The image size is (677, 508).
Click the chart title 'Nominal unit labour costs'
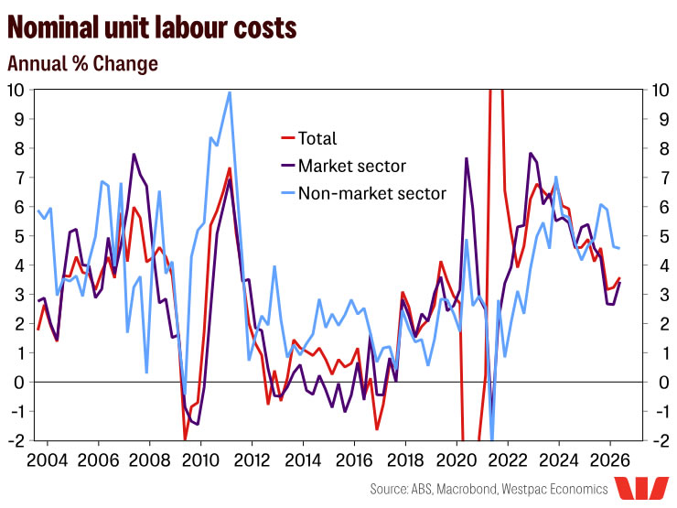[x=152, y=27]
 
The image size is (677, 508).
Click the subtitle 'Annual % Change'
[x=83, y=63]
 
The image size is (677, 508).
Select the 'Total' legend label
[x=317, y=138]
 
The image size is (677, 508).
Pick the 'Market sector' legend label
[x=352, y=166]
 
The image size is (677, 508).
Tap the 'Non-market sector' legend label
[x=372, y=193]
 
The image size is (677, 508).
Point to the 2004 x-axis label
[x=48, y=460]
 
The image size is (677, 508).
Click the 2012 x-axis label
[x=253, y=460]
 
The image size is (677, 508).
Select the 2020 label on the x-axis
[x=457, y=460]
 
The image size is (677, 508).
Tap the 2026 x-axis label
[x=610, y=460]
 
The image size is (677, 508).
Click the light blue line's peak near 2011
[x=230, y=92]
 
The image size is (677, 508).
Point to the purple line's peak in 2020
[x=467, y=158]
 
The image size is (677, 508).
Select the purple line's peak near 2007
[x=134, y=154]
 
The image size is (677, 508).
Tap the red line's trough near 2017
[x=377, y=429]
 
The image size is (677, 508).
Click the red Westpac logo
[x=642, y=489]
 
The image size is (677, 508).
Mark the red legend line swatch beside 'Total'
[x=287, y=138]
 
